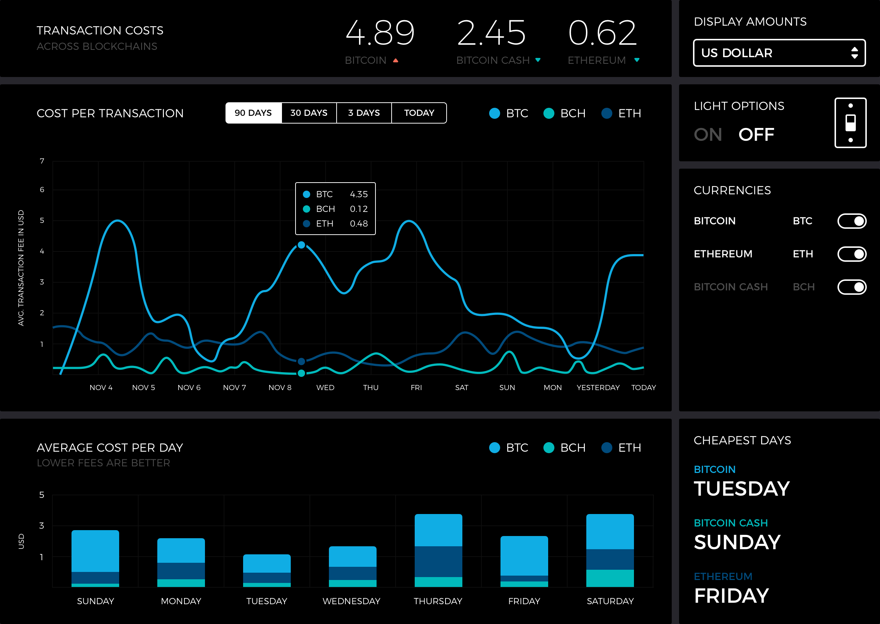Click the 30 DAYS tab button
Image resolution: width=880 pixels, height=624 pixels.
pos(309,113)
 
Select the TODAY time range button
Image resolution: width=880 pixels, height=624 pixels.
pos(419,113)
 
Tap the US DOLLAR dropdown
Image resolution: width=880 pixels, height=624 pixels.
pos(779,53)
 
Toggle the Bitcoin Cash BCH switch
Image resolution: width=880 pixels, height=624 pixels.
pos(852,287)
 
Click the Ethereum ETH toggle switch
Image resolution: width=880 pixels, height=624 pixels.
pos(852,254)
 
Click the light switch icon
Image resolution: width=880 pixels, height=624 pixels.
pos(850,123)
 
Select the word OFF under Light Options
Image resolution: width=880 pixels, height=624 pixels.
pos(756,135)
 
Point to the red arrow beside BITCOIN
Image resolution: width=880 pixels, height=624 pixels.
pos(395,60)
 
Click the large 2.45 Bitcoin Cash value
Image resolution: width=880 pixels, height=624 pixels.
pos(491,33)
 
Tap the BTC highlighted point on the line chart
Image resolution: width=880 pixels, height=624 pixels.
pos(301,245)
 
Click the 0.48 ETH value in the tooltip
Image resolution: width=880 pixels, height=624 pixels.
pos(359,224)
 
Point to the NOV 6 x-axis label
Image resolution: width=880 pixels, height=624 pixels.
pos(189,387)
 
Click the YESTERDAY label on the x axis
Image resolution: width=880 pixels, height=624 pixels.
pos(598,387)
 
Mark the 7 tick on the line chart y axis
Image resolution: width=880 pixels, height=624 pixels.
pos(42,161)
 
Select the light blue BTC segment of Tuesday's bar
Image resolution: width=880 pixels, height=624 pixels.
pos(267,563)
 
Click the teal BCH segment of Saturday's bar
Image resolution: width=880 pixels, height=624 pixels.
pos(610,578)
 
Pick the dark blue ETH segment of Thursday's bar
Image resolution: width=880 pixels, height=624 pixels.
pos(439,562)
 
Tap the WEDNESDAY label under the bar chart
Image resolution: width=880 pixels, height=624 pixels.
pos(351,601)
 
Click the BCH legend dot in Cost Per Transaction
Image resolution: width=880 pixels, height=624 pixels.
pos(549,113)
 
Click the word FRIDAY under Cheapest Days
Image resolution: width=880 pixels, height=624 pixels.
pos(731,596)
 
